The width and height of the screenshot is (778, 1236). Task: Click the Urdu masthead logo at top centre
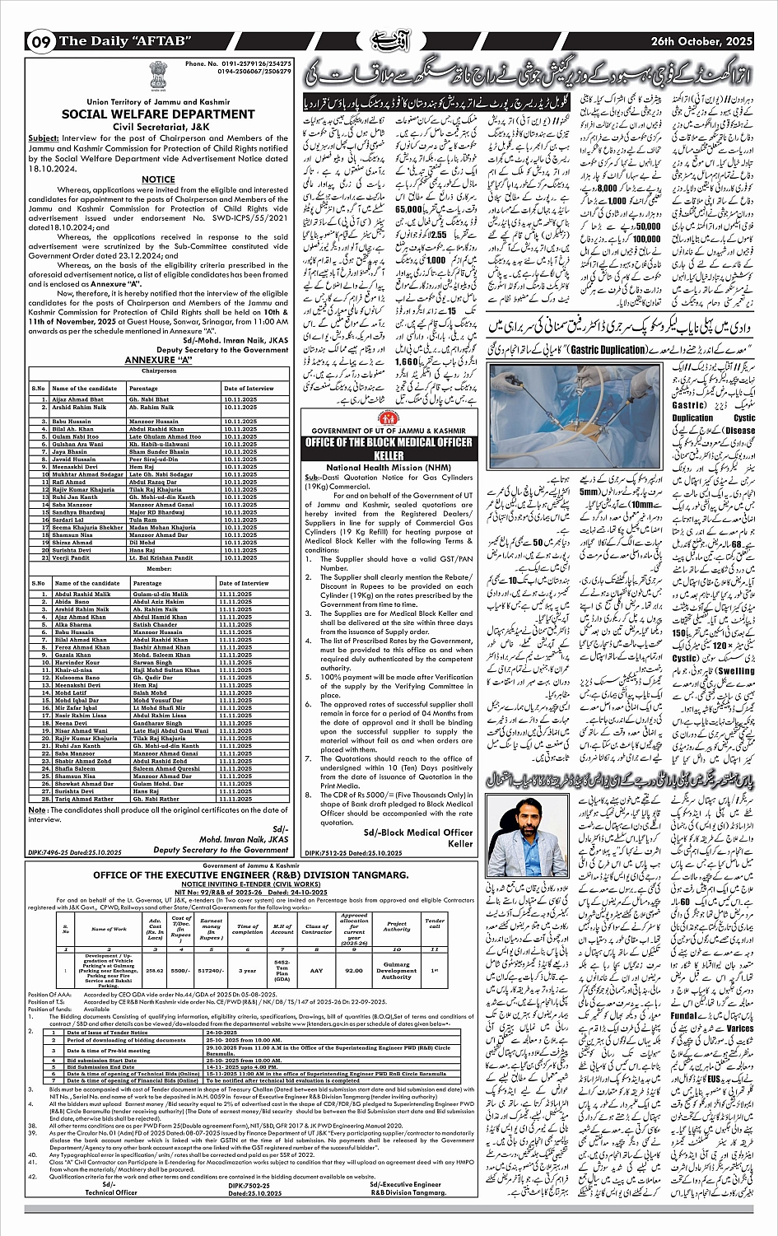[389, 40]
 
